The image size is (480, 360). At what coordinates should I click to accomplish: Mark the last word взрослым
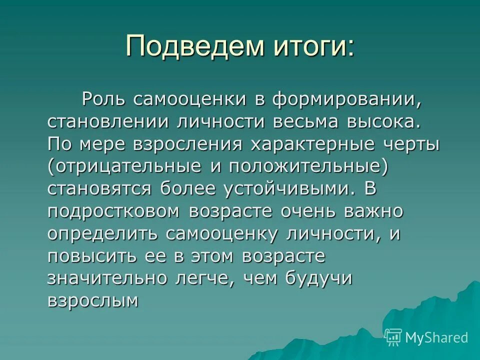tap(92, 300)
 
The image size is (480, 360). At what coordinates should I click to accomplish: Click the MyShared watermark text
tap(436, 338)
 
